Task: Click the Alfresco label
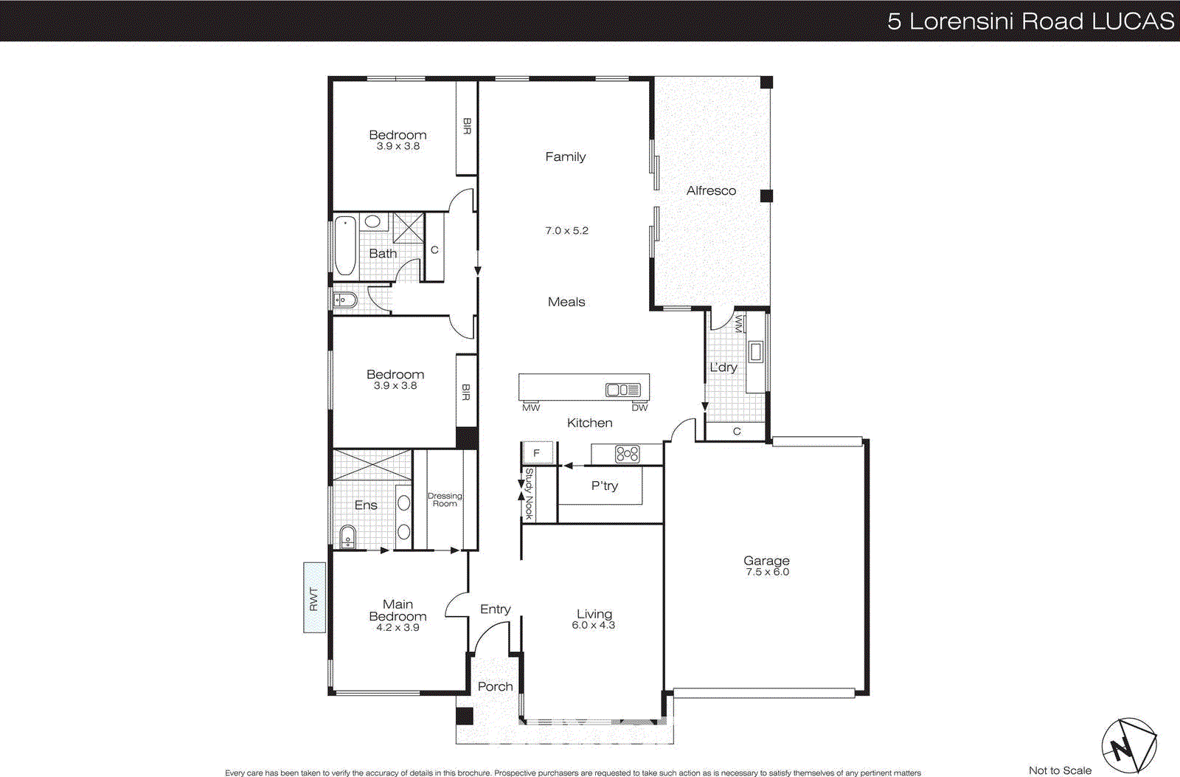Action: (711, 190)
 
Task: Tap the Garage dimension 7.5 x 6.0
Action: (767, 572)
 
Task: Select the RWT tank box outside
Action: (314, 598)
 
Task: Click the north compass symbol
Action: (1128, 746)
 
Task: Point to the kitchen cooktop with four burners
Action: (627, 454)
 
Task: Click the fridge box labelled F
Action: (537, 453)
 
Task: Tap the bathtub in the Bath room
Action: (345, 246)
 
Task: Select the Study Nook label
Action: (529, 493)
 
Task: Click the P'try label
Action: (604, 486)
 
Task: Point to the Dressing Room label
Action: (445, 500)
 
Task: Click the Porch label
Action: (495, 686)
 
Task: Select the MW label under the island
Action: (531, 407)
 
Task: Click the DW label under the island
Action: (639, 407)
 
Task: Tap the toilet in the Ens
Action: (347, 536)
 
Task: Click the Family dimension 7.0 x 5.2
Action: (566, 230)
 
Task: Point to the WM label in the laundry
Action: (738, 324)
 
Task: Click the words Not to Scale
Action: (1060, 770)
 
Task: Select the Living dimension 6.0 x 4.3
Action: (593, 625)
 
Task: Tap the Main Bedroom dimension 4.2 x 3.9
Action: (398, 627)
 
